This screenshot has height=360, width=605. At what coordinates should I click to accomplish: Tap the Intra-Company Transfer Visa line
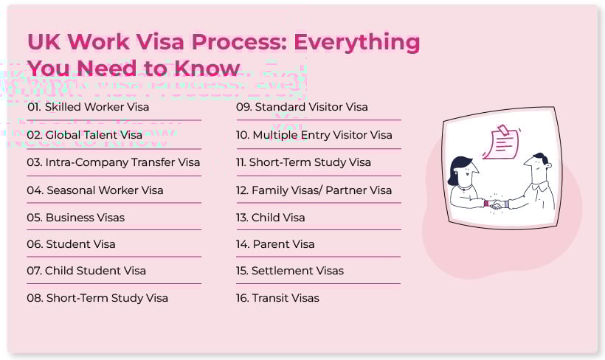point(114,162)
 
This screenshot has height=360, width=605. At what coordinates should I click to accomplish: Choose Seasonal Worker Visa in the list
point(95,190)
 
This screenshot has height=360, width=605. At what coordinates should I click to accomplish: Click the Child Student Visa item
point(86,271)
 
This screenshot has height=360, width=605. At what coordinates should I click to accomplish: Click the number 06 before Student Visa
point(35,244)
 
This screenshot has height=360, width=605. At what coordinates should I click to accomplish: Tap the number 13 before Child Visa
point(242,218)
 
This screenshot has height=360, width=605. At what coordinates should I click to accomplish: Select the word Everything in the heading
point(357,42)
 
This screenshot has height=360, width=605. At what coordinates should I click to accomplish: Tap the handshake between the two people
point(496,204)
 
